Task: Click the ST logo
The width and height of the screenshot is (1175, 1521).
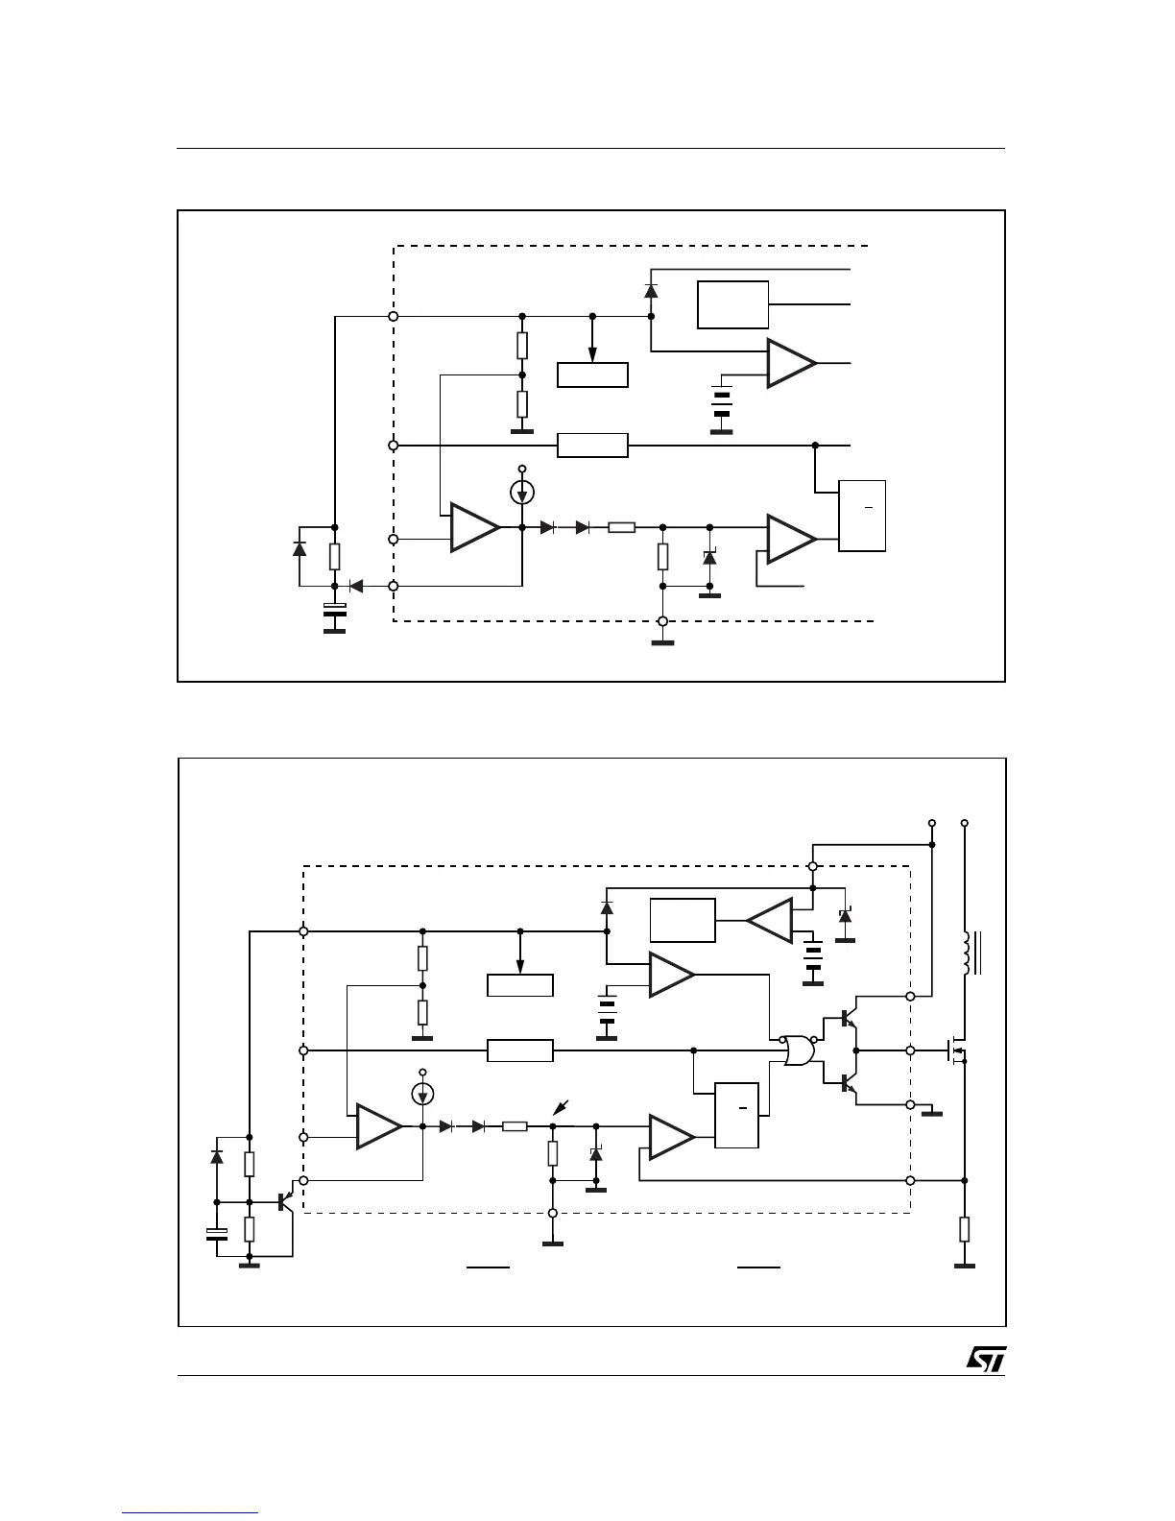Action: pos(985,1358)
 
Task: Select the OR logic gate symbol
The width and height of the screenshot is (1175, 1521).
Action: pos(798,1050)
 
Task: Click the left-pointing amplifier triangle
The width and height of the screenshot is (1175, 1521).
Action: pos(770,921)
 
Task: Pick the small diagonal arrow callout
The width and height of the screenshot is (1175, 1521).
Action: pos(561,1108)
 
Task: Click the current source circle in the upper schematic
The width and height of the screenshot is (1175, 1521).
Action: pos(522,493)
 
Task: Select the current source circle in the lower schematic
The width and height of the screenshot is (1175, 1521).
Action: pos(422,1093)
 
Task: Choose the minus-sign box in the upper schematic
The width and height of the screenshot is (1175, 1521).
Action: pos(862,516)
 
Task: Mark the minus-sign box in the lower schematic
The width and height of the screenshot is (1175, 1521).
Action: pos(737,1115)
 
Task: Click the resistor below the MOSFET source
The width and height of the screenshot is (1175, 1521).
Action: pos(965,1229)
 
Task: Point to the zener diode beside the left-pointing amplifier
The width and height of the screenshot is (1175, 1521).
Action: pos(845,916)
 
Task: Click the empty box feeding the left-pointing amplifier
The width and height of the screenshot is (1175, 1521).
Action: pos(683,921)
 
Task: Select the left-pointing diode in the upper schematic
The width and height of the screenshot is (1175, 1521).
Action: pos(355,585)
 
